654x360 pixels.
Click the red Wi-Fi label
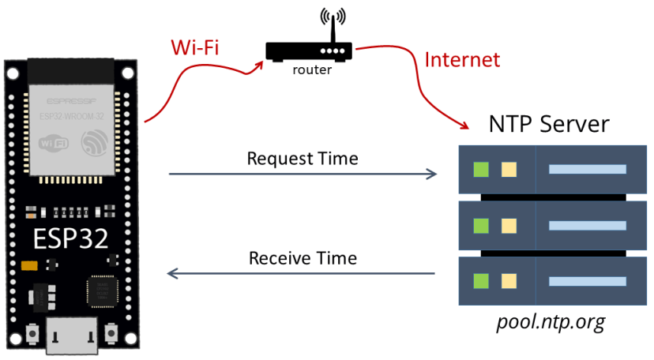click(x=194, y=47)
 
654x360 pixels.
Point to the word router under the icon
click(x=312, y=69)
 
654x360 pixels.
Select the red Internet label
click(x=462, y=59)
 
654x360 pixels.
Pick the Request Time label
click(x=303, y=158)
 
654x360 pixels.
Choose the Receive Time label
click(x=303, y=258)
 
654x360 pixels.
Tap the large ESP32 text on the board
click(x=70, y=239)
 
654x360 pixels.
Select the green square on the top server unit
click(x=480, y=169)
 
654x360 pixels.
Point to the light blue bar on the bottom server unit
click(x=587, y=280)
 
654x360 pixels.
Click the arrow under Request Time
click(x=303, y=174)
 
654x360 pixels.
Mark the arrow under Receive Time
click(x=303, y=274)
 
